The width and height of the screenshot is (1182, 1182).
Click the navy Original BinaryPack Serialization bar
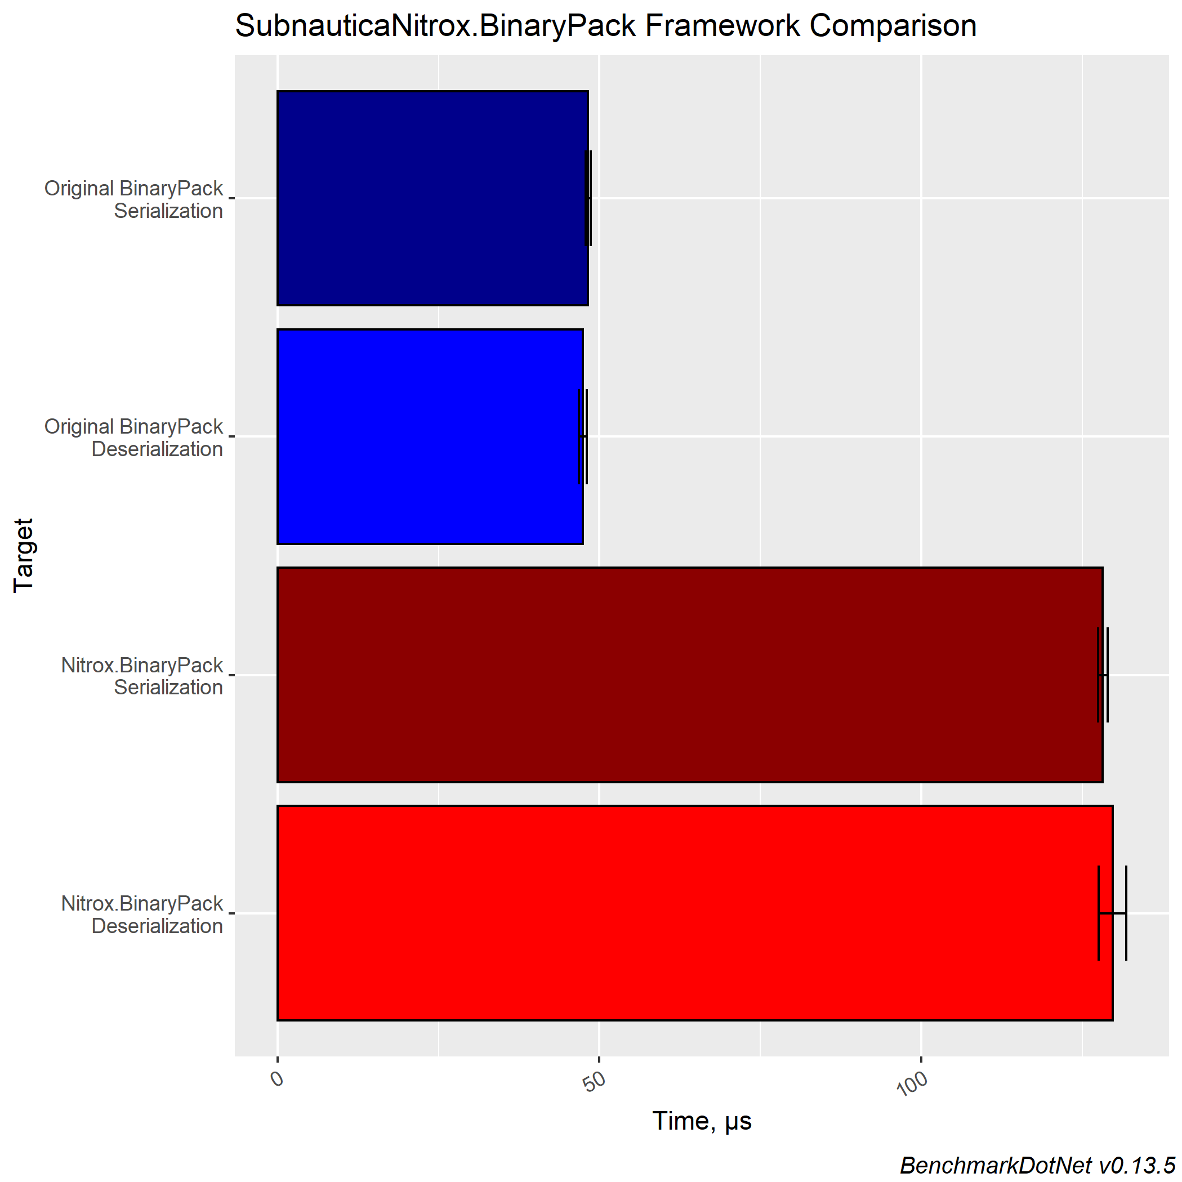pyautogui.click(x=432, y=198)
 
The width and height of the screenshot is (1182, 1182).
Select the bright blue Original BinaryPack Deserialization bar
pyautogui.click(x=430, y=436)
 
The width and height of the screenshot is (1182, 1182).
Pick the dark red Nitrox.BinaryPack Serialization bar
pyautogui.click(x=689, y=675)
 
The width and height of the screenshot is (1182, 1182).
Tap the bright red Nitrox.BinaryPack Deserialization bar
pyautogui.click(x=694, y=913)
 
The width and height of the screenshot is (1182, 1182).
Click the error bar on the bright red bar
pyautogui.click(x=1112, y=913)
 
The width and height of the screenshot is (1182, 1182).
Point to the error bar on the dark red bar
pyautogui.click(x=1103, y=675)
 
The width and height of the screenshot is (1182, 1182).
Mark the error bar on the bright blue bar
pyautogui.click(x=582, y=436)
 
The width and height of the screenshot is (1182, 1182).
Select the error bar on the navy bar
pyautogui.click(x=588, y=198)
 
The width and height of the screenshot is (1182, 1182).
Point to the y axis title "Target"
pyautogui.click(x=24, y=555)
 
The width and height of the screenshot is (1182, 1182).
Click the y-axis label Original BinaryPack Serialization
pyautogui.click(x=133, y=199)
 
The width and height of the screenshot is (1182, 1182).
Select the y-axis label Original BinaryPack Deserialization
pyautogui.click(x=133, y=438)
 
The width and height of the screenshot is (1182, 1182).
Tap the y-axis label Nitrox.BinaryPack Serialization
pyautogui.click(x=142, y=676)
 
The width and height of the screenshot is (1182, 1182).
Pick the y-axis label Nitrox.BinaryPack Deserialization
pyautogui.click(x=142, y=915)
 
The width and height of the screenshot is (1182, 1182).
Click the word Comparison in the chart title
pyautogui.click(x=893, y=26)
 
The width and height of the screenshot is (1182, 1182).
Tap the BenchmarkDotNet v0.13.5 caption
pyautogui.click(x=1038, y=1166)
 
